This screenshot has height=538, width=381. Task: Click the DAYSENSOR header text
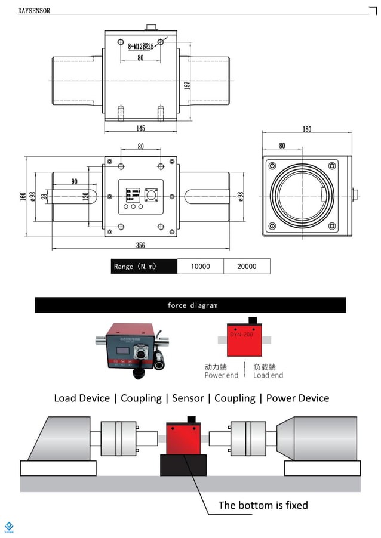(x=34, y=11)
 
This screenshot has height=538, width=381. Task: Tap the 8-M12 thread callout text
(x=141, y=45)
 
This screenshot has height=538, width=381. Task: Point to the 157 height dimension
(x=187, y=85)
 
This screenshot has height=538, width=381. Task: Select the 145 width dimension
(x=140, y=128)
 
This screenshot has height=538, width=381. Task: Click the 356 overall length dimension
(x=140, y=245)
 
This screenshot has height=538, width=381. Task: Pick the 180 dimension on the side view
(x=306, y=129)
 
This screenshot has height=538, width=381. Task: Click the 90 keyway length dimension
(x=75, y=181)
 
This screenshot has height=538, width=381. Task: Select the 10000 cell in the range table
(x=200, y=267)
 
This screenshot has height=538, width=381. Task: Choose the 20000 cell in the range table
(x=247, y=267)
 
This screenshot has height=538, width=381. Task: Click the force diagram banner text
(x=192, y=305)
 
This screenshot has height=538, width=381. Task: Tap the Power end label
(x=222, y=375)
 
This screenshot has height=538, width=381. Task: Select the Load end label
(x=268, y=375)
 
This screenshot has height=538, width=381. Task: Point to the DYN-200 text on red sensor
(x=241, y=335)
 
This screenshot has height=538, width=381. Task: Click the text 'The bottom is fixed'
(x=263, y=505)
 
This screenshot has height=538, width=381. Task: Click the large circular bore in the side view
(x=300, y=196)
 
